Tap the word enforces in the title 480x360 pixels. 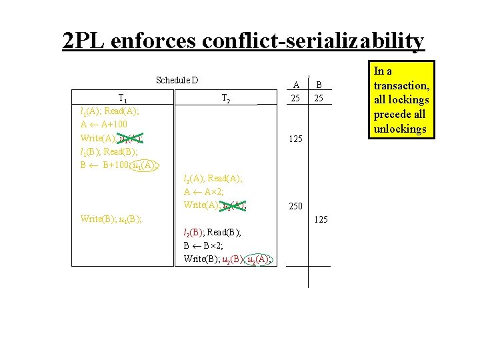pos(154,41)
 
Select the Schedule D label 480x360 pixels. pos(177,81)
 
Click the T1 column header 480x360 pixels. pos(122,98)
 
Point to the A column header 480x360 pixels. pos(297,84)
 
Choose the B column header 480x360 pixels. pos(319,84)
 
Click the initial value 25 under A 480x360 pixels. pos(297,98)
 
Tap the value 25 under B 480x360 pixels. pos(319,98)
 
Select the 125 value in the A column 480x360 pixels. pos(297,139)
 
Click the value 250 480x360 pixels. pos(297,207)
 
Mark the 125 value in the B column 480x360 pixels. pos(320,219)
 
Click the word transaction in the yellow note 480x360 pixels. pos(401,85)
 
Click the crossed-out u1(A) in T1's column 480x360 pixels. pos(130,138)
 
